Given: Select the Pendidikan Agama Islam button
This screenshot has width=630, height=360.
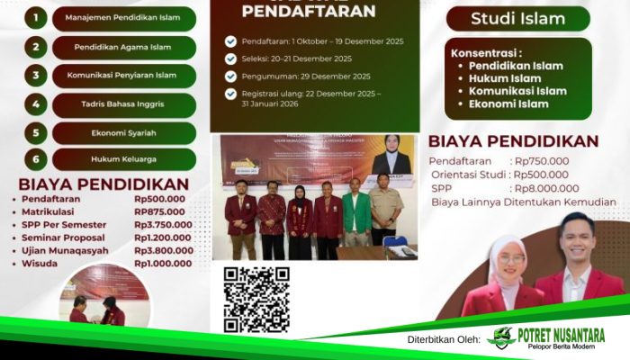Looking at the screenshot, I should point(124,47).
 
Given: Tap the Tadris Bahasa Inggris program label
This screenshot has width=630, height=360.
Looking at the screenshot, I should point(124,104).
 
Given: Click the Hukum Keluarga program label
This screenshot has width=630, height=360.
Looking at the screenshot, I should point(124,159).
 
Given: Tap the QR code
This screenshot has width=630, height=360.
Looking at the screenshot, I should point(256,299).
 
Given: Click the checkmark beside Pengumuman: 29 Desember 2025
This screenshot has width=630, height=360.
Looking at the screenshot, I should point(230,76).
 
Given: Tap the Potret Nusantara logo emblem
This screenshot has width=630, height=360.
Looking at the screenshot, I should point(500,337).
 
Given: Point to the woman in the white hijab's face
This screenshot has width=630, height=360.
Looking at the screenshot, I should point(508,261).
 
